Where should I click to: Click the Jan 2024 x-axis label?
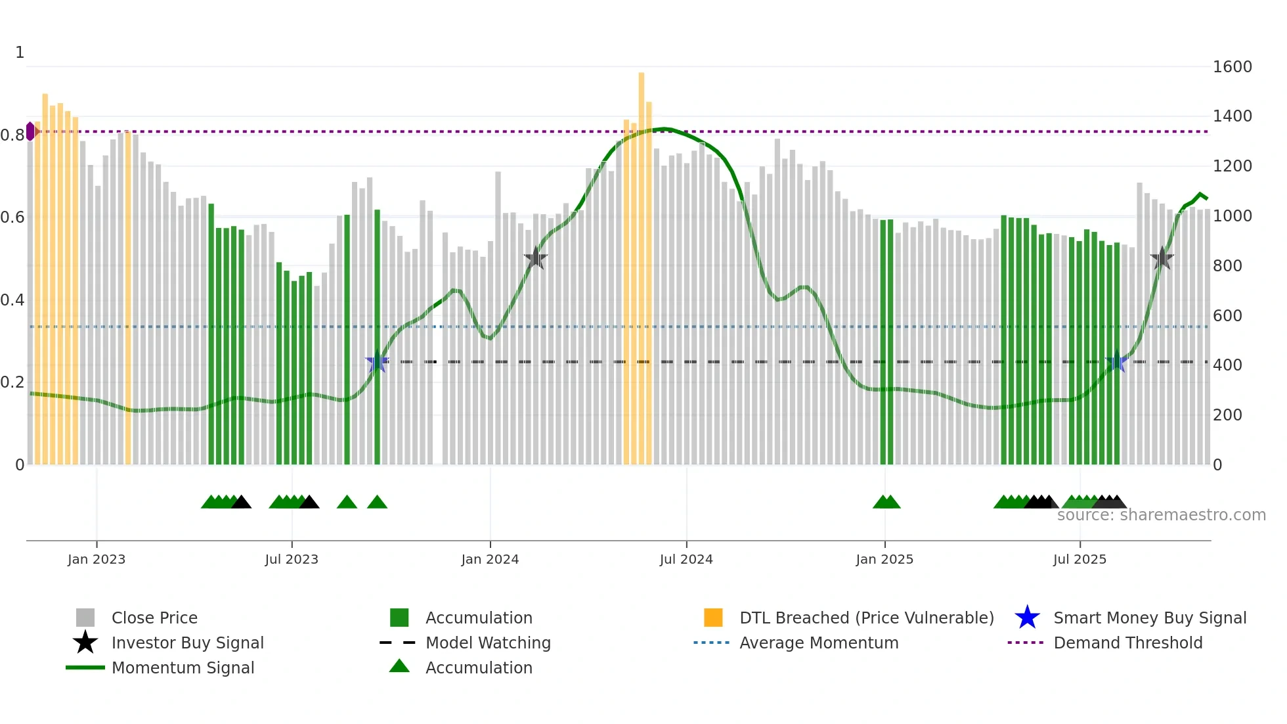[490, 559]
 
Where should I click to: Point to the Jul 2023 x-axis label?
[292, 559]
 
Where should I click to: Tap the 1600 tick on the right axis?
[1232, 66]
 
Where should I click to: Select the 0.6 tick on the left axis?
[12, 217]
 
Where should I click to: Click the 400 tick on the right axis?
[1227, 365]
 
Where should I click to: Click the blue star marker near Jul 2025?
[1116, 361]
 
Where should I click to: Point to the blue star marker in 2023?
[377, 361]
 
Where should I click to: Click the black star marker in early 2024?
[535, 258]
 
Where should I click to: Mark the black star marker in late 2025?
[1162, 258]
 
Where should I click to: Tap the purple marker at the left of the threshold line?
[30, 131]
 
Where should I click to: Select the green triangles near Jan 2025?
[886, 502]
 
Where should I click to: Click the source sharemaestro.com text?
[1161, 515]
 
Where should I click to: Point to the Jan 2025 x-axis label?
[884, 559]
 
